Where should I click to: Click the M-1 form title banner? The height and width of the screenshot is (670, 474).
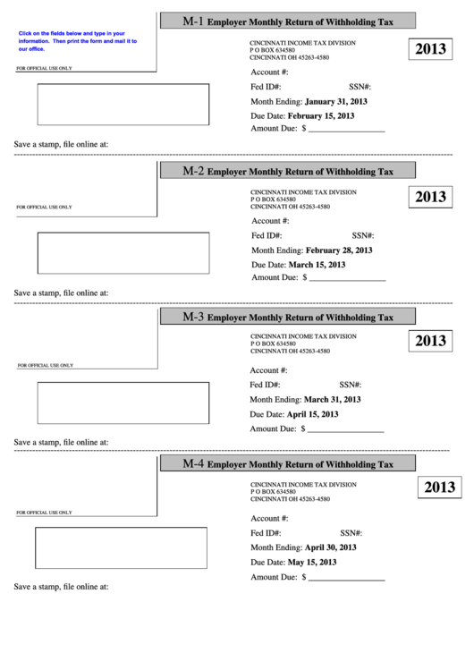coord(287,21)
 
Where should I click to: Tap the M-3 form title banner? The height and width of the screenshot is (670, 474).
coord(287,317)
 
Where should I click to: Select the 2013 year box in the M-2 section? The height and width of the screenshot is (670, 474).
coord(430,197)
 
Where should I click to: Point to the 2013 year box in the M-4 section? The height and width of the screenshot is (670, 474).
coord(439,488)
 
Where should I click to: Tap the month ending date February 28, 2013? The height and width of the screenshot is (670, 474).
coord(339,250)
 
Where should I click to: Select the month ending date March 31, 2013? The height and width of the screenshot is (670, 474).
coord(332,399)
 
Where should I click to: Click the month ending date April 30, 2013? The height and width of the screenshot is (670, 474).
coord(330,547)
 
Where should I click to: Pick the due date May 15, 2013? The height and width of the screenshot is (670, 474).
coord(312,562)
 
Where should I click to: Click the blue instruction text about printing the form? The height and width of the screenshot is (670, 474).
coord(77,41)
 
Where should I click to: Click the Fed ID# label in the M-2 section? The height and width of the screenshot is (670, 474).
coord(267,235)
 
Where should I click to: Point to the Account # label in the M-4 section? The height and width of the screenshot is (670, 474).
coord(269,518)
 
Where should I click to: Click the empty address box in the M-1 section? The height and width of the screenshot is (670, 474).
coord(123,104)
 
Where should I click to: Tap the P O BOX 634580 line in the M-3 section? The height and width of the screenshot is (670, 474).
coord(273,343)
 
